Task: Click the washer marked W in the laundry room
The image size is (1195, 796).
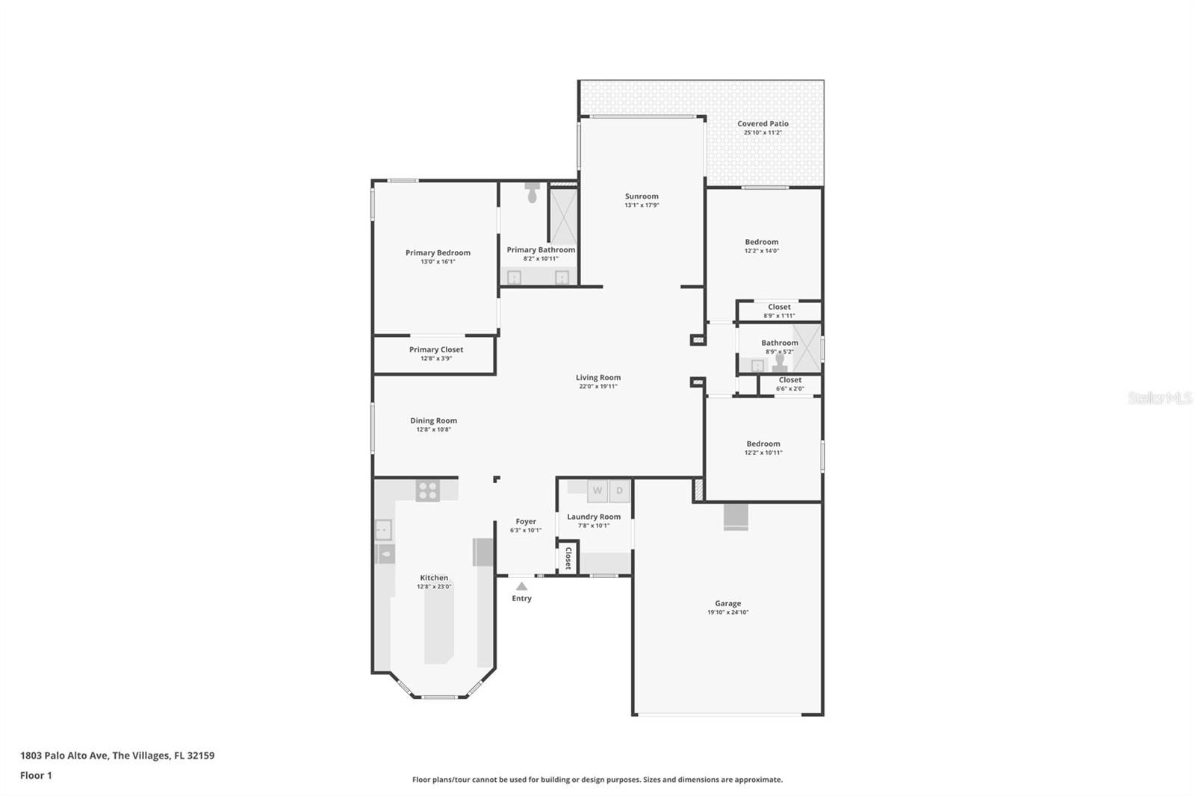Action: click(x=597, y=491)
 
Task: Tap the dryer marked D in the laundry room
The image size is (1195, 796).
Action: click(x=619, y=491)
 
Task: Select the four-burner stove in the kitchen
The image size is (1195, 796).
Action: click(x=428, y=491)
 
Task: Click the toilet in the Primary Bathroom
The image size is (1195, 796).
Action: click(x=532, y=193)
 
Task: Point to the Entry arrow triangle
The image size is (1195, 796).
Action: click(x=522, y=586)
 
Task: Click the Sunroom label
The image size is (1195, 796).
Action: click(x=642, y=196)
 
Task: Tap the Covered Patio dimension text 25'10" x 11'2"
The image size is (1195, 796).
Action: click(x=763, y=132)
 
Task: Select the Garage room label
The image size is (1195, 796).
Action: click(x=728, y=603)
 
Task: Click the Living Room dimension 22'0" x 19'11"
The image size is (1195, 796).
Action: click(x=598, y=386)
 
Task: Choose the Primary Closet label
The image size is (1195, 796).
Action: click(x=436, y=349)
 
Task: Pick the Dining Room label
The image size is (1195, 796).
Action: click(x=434, y=420)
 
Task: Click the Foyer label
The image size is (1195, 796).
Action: click(x=526, y=521)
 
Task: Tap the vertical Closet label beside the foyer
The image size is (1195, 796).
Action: click(x=568, y=558)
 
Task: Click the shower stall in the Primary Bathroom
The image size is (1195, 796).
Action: click(x=564, y=216)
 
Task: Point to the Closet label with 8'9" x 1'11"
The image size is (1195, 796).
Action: click(x=779, y=307)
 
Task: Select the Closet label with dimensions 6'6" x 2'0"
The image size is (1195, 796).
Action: click(x=790, y=380)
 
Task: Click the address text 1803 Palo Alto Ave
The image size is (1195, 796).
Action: click(x=64, y=756)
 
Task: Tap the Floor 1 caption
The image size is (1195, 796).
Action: click(x=36, y=775)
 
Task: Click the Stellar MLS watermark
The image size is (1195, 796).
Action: click(x=1160, y=397)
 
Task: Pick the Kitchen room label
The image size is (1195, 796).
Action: click(x=434, y=578)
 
